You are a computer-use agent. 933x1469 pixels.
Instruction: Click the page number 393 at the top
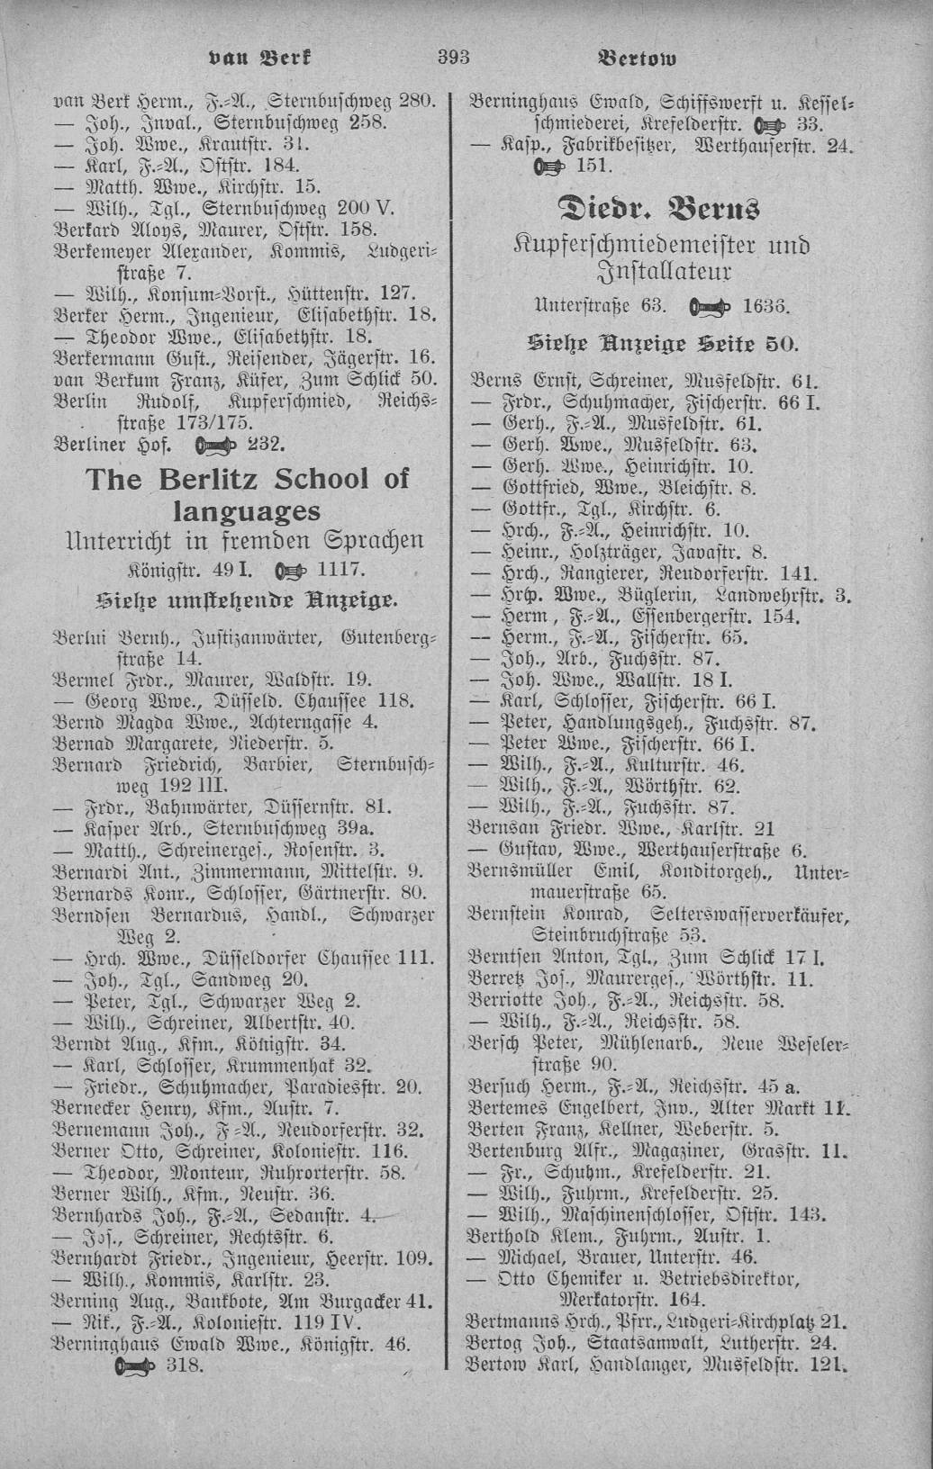(x=455, y=59)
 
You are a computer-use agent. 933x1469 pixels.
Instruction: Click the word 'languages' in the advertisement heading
(x=247, y=510)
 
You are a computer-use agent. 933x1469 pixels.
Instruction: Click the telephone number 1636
(x=766, y=305)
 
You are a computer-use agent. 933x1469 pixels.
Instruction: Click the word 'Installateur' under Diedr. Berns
(x=664, y=271)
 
